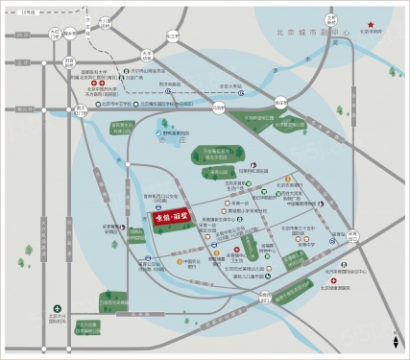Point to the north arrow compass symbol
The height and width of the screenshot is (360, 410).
(395, 314)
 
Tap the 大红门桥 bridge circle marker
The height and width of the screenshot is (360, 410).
(54, 34)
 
